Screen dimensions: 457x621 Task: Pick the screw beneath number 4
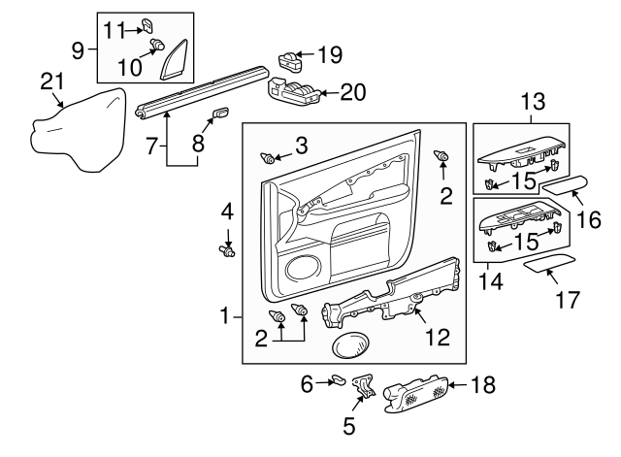228,252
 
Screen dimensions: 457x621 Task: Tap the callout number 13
534,100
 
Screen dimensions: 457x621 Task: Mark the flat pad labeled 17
549,265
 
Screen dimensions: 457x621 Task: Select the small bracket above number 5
365,386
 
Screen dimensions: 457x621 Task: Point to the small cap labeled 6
337,380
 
